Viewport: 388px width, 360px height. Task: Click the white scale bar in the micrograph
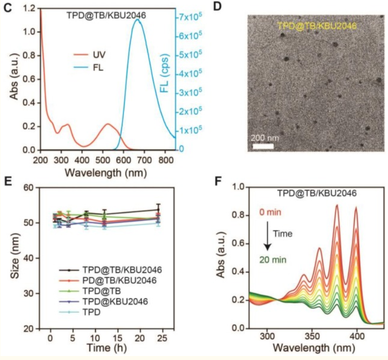tap(263, 146)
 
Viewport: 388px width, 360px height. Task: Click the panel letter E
tap(7, 180)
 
